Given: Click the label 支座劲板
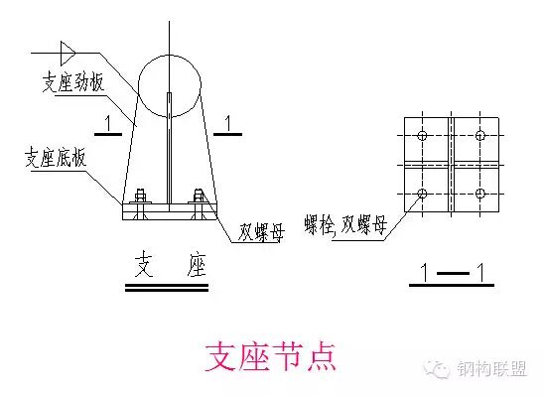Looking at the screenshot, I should click(x=72, y=83).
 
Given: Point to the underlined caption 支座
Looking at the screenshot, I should click(x=167, y=265).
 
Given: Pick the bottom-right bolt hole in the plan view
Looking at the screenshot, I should click(x=480, y=192).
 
